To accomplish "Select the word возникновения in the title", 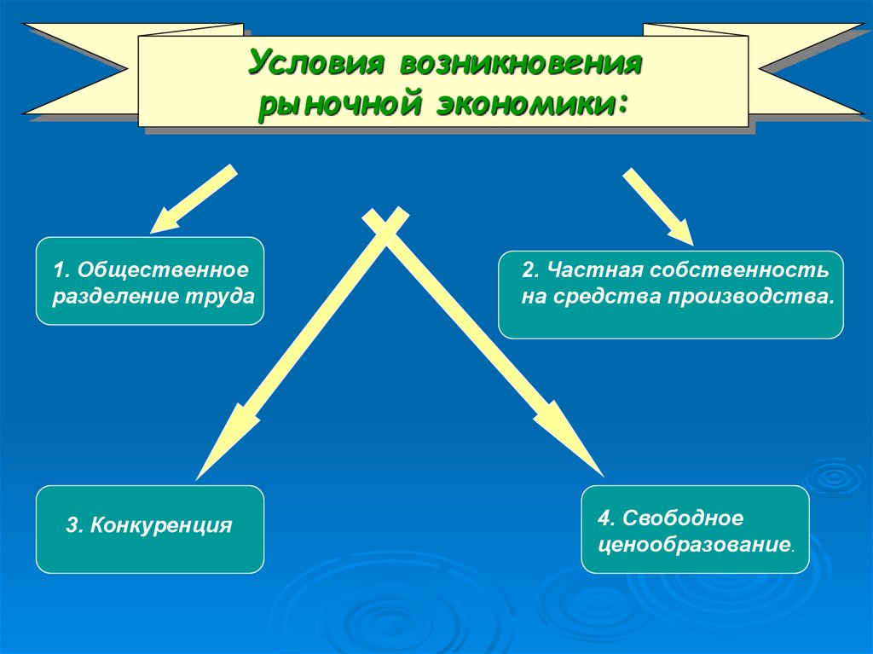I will [x=516, y=64].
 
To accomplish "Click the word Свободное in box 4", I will [x=683, y=518].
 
